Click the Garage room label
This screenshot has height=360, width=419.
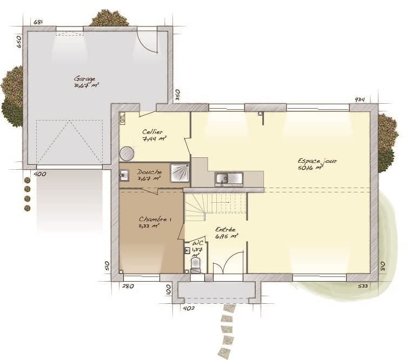point(85,78)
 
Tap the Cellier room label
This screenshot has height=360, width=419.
point(153,132)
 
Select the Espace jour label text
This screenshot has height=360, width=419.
point(317,161)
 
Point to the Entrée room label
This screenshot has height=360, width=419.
point(225,230)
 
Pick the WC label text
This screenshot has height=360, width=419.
point(198,244)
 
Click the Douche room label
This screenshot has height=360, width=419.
point(149,172)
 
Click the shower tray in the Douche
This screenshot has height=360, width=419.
point(179,172)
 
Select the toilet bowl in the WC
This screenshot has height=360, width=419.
point(196,264)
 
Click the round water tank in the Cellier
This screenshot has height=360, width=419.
point(127,154)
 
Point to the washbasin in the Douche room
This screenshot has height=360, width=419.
point(123,175)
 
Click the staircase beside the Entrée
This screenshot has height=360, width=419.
point(215,206)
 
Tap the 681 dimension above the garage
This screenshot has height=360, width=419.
point(38,22)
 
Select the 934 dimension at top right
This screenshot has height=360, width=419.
point(360,99)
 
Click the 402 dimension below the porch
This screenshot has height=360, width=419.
point(189,309)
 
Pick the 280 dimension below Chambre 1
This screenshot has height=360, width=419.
point(128,286)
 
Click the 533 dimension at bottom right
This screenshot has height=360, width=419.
point(363,286)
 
